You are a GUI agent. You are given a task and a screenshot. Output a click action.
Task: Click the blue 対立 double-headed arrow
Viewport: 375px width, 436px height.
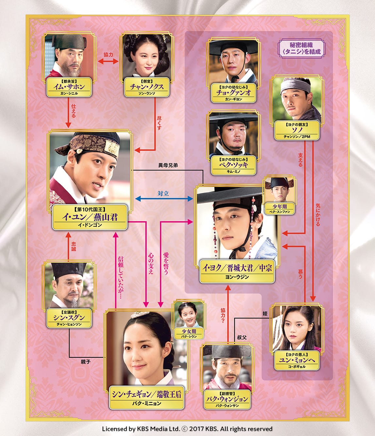tap(164, 198)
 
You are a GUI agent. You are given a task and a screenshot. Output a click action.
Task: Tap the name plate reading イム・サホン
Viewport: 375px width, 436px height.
tap(69, 87)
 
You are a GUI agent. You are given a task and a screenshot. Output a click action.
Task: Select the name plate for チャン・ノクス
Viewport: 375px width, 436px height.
tap(147, 87)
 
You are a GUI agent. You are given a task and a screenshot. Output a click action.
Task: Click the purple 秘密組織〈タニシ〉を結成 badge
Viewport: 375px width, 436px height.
tap(301, 48)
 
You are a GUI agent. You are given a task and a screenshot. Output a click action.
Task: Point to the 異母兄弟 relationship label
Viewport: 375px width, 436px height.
tap(168, 165)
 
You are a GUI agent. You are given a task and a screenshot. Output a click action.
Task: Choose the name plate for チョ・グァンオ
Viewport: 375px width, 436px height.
tap(234, 93)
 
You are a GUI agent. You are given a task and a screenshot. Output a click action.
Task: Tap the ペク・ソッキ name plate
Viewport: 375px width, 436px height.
tap(234, 165)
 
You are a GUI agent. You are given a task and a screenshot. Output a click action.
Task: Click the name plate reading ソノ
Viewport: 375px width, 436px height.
tap(297, 131)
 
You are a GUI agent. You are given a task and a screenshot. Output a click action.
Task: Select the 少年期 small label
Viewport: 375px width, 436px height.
tap(280, 209)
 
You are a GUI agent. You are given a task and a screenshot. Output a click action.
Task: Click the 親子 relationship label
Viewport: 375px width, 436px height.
tap(86, 362)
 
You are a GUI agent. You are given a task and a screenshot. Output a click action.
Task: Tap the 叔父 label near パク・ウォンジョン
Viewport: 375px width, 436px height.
tap(242, 337)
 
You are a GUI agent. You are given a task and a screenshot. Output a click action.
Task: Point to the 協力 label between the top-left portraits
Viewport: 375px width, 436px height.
tap(108, 54)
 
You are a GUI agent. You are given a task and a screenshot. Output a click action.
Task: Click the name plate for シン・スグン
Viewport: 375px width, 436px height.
tap(69, 318)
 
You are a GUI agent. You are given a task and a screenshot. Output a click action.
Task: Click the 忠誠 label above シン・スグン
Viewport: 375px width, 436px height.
tap(73, 247)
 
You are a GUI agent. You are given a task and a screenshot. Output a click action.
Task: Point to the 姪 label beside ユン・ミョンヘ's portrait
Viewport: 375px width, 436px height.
tap(265, 314)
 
